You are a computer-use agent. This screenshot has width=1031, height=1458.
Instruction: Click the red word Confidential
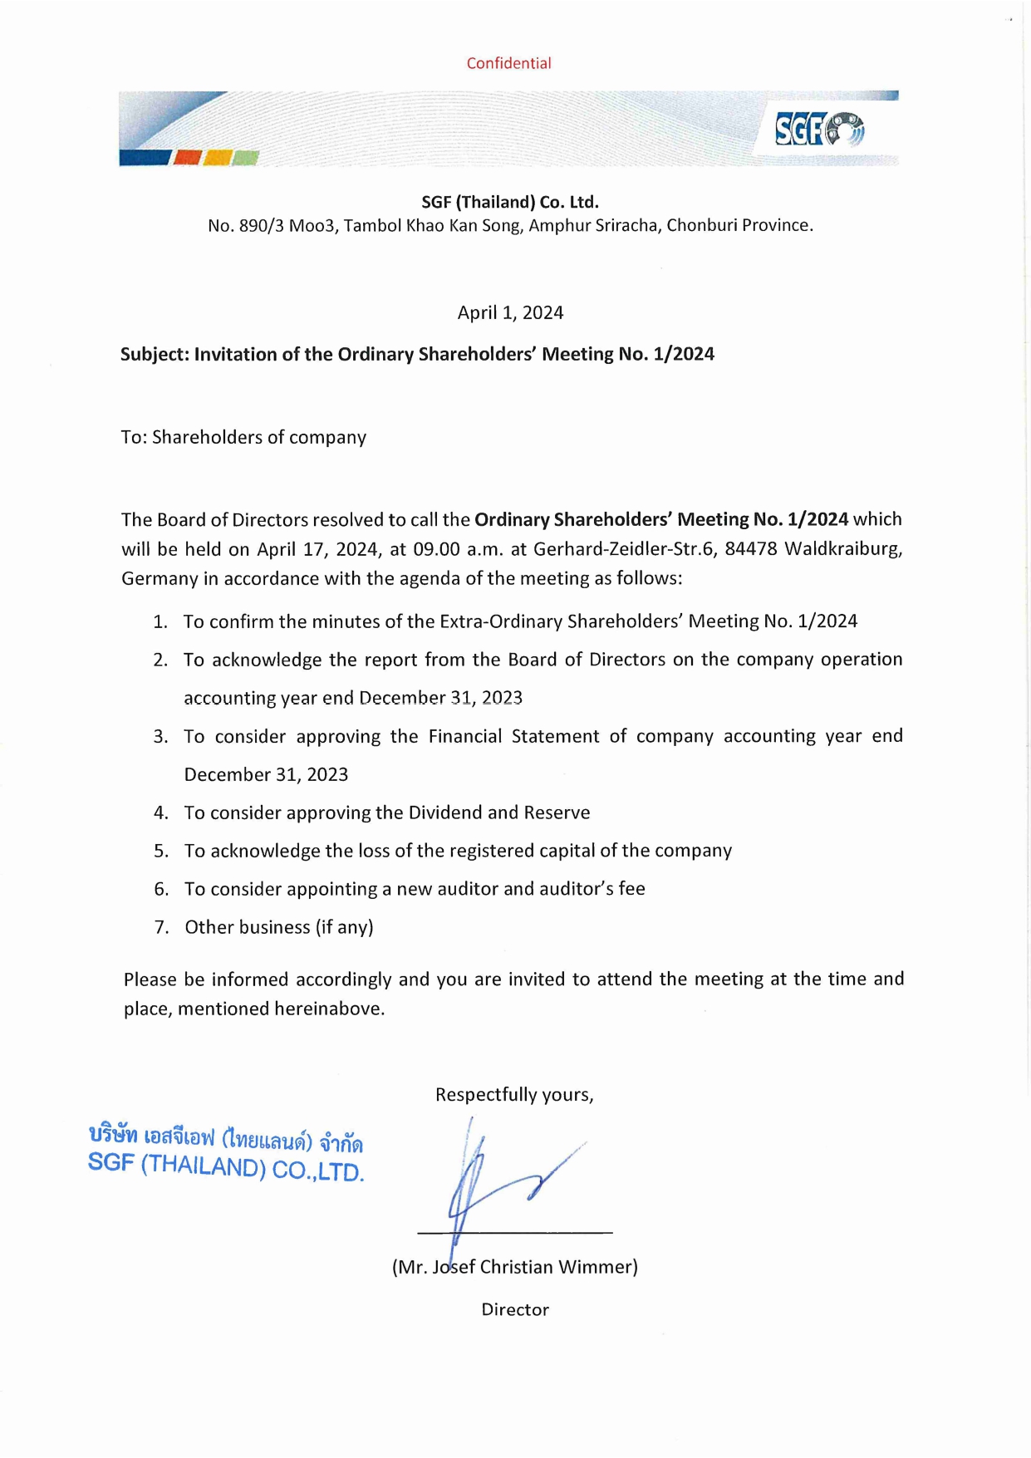click(x=508, y=63)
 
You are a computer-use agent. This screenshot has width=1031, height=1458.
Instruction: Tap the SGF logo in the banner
click(x=818, y=130)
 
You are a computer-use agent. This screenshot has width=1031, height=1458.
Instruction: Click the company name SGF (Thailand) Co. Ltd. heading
click(x=510, y=202)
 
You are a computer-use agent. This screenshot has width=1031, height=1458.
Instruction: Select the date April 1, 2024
click(x=510, y=312)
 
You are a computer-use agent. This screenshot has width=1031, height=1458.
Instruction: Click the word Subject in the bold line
click(x=154, y=355)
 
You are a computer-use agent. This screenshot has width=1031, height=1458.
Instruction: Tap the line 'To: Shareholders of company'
click(x=243, y=437)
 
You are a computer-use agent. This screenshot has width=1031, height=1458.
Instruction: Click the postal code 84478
click(x=750, y=549)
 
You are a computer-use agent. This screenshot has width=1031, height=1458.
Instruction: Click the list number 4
click(x=161, y=812)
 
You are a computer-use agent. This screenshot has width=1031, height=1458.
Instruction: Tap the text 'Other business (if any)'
click(x=279, y=927)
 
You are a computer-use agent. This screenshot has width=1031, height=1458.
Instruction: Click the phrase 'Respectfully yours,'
click(x=514, y=1095)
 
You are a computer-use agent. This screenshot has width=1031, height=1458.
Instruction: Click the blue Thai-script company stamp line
click(x=226, y=1138)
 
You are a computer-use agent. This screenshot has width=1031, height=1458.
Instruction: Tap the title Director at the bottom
click(x=515, y=1310)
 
